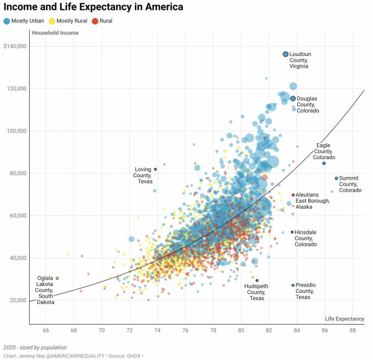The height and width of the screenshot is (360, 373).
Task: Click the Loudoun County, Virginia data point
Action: (x=286, y=55)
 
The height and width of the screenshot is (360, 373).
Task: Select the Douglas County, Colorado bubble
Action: (x=293, y=98)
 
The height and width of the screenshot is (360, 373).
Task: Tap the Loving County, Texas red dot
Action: (x=155, y=169)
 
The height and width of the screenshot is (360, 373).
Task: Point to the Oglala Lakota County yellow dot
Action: (x=57, y=279)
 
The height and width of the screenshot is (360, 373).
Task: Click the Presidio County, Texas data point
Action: (x=293, y=285)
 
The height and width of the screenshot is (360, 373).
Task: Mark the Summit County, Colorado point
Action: (x=336, y=178)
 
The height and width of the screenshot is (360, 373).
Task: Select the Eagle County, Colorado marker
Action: (x=324, y=164)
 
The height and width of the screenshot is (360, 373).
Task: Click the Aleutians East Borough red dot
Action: (x=293, y=195)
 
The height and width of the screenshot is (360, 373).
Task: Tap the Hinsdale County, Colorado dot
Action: (x=292, y=233)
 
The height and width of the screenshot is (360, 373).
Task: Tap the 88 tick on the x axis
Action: (x=352, y=330)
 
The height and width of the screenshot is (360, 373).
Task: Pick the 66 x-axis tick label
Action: (x=45, y=330)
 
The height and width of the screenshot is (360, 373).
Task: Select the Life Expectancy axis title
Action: (x=344, y=319)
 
